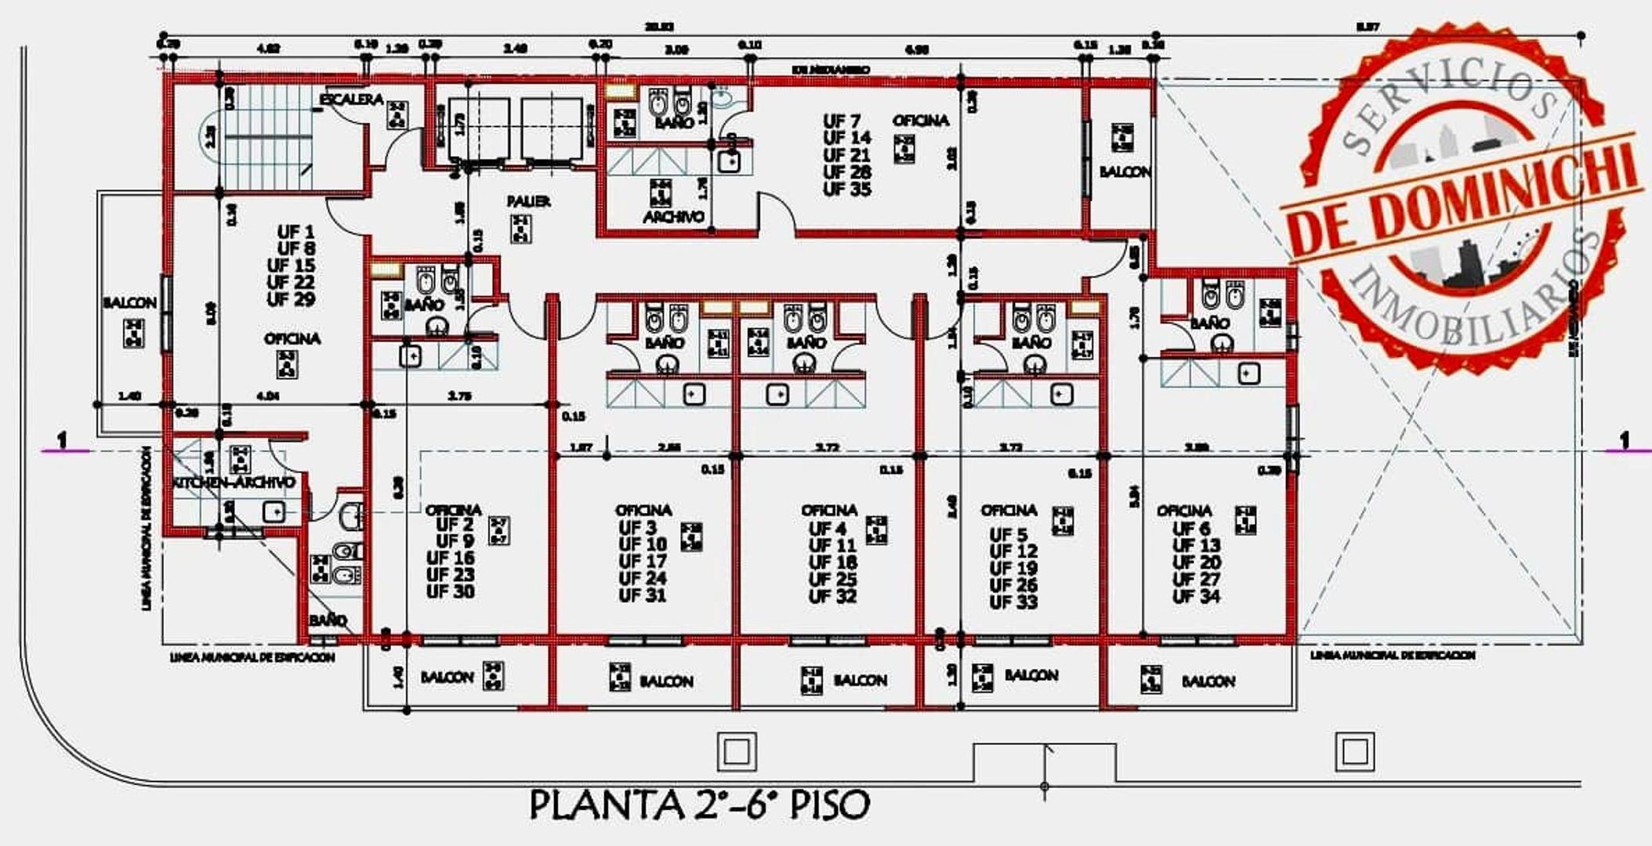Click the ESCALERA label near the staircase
[x=351, y=99]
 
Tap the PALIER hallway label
[x=528, y=201]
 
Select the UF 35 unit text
[x=846, y=190]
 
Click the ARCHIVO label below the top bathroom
[x=673, y=217]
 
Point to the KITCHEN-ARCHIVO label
[x=234, y=483]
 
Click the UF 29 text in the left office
[x=291, y=300]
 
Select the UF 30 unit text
[x=450, y=592]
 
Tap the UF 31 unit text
[x=642, y=596]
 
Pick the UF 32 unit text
[x=832, y=597]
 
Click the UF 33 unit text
[x=1013, y=602]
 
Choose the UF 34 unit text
[x=1196, y=597]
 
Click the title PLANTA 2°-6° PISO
[x=700, y=804]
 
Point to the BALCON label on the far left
[x=129, y=303]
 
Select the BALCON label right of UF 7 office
[x=1125, y=172]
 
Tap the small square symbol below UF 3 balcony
[x=737, y=752]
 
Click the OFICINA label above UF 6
[x=1184, y=511]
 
